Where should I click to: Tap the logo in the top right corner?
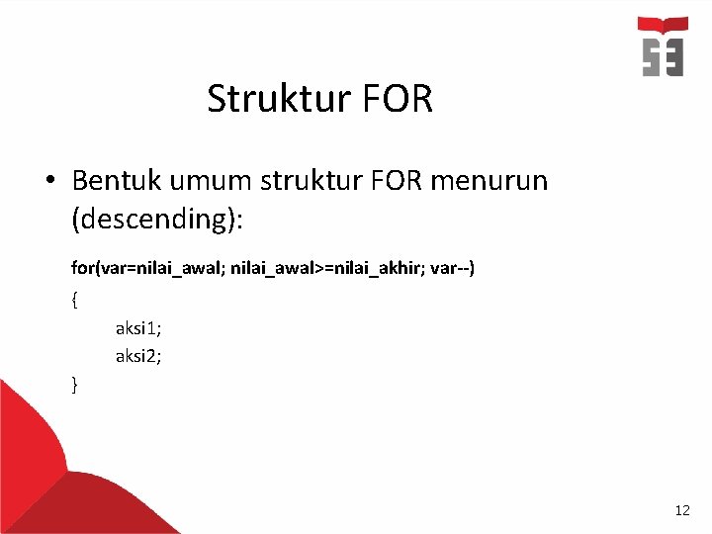(662, 46)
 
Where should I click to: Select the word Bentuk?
(121, 181)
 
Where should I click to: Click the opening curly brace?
(75, 298)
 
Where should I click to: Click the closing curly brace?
(75, 384)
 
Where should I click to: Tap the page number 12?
(681, 510)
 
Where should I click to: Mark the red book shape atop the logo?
(662, 25)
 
